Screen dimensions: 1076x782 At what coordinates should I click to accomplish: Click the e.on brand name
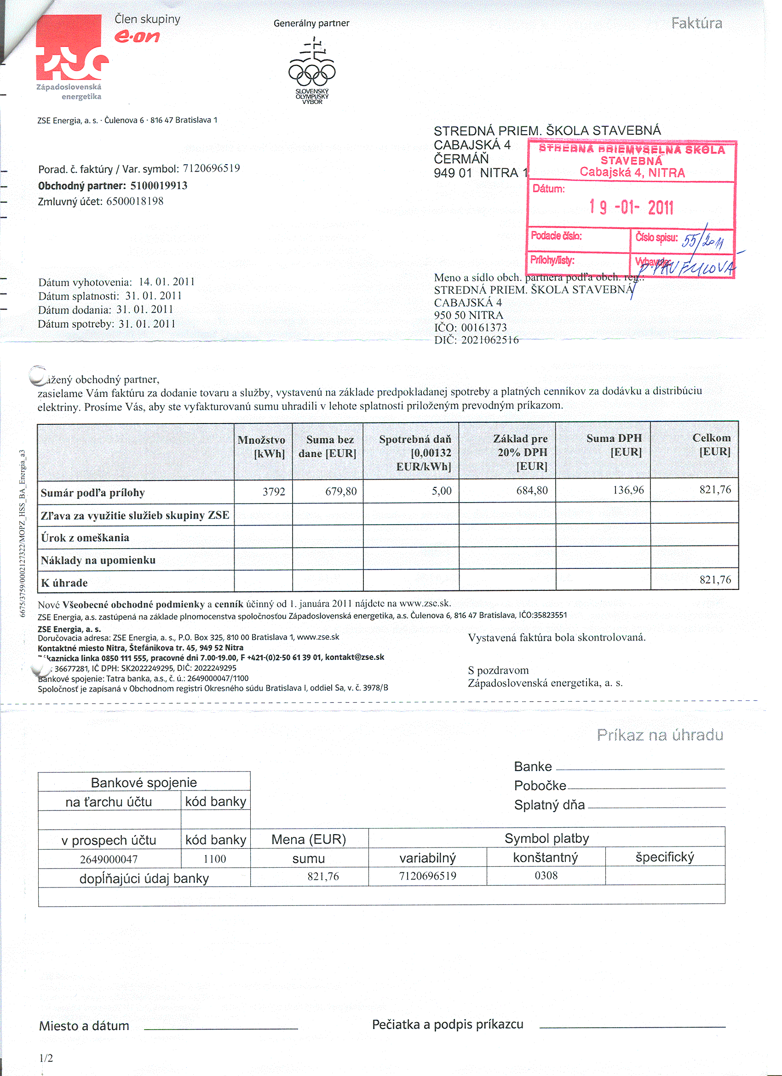click(137, 36)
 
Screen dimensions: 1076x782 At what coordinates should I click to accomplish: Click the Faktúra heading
click(696, 23)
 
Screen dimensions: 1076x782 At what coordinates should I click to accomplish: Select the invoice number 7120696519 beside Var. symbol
click(211, 168)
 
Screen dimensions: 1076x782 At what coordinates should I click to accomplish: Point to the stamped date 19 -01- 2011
click(631, 207)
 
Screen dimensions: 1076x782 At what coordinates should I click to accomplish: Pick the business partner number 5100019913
click(159, 185)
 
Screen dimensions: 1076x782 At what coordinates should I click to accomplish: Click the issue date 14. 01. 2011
click(167, 282)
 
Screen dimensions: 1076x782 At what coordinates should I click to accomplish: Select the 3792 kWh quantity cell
click(274, 492)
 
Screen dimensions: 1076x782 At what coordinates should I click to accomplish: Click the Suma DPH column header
click(614, 445)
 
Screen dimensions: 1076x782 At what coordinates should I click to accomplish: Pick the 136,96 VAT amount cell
click(628, 490)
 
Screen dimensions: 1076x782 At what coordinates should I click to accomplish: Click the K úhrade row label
click(64, 583)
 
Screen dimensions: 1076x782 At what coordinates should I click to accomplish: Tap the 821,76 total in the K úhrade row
click(715, 580)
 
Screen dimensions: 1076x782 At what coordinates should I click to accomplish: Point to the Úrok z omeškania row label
click(85, 538)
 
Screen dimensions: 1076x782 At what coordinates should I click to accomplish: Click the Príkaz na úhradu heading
click(660, 735)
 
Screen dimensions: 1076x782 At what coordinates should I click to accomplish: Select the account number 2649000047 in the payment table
click(109, 859)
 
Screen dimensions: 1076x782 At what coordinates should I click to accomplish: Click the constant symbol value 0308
click(546, 876)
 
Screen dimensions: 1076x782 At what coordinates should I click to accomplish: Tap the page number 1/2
click(46, 1058)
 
